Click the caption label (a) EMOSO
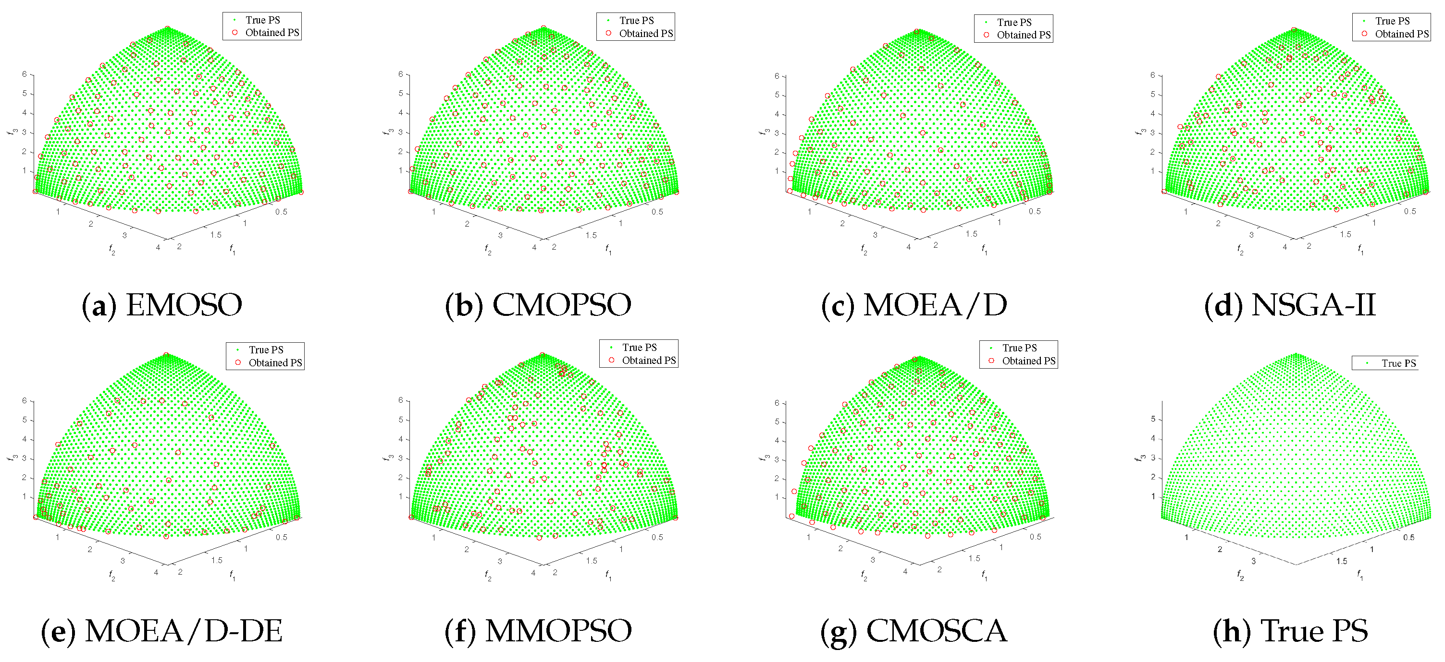[161, 305]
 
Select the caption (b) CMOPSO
[537, 305]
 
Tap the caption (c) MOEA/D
[914, 305]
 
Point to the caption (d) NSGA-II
[1290, 305]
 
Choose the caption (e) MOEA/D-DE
[161, 631]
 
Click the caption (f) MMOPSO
[537, 631]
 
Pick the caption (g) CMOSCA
[914, 631]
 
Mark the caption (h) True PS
[1290, 631]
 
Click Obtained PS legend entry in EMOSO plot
[272, 33]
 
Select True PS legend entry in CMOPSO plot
[636, 20]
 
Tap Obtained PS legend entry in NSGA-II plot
[1401, 34]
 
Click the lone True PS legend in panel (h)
[1398, 363]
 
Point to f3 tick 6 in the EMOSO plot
[25, 74]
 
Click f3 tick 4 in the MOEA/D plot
[777, 114]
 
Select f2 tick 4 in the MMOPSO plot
[533, 573]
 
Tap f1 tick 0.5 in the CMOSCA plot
[1035, 536]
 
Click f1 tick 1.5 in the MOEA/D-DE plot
[217, 560]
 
